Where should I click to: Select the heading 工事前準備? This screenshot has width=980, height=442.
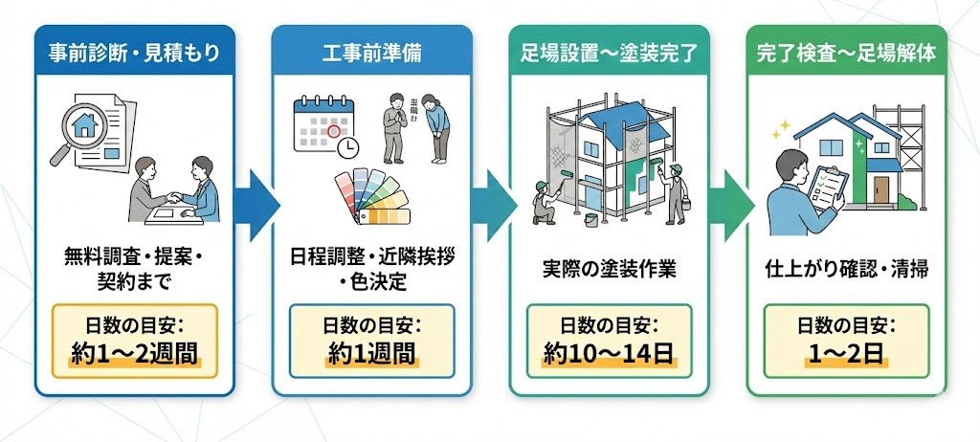pos(371,53)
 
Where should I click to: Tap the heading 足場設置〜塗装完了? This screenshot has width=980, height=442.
pos(608,53)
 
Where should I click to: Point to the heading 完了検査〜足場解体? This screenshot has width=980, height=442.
pos(846,53)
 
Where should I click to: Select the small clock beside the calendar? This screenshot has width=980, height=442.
pos(347,146)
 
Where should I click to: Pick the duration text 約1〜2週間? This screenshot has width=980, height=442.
pos(135,354)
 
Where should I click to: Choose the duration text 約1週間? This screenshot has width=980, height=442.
pos(371,354)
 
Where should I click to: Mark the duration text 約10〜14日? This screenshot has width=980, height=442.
pos(609,354)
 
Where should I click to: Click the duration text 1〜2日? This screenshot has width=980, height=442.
pos(846,354)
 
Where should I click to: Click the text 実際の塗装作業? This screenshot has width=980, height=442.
pos(609,269)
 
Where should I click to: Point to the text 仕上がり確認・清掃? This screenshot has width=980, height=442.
pos(846,269)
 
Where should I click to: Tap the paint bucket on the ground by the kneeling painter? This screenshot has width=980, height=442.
pos(590,219)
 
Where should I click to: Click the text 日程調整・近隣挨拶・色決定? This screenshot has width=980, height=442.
pos(371,270)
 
